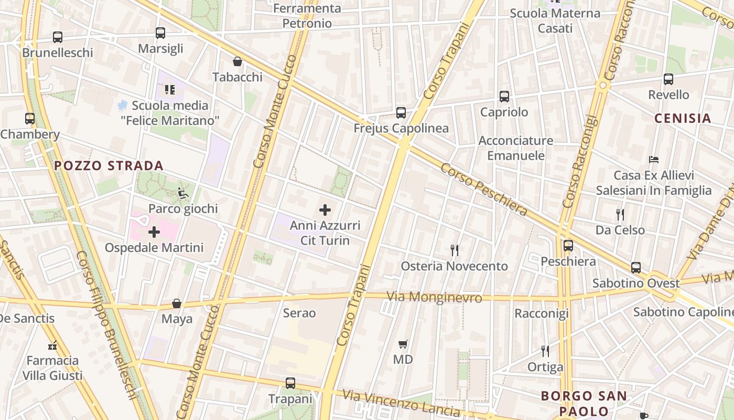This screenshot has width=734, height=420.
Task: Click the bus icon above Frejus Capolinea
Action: (x=401, y=112)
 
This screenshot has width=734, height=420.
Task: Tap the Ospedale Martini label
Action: (x=154, y=247)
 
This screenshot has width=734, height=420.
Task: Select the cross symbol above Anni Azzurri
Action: (x=325, y=210)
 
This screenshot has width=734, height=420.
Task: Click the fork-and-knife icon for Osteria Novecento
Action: (x=455, y=250)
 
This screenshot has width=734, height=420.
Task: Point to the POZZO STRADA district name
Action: (x=109, y=166)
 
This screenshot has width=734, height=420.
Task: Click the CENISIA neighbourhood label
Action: (x=683, y=118)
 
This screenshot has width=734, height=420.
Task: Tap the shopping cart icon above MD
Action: (x=403, y=344)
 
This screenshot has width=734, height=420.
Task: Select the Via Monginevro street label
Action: (x=434, y=297)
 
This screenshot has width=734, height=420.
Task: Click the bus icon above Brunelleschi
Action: (x=58, y=37)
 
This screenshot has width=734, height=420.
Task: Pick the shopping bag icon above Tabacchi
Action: (x=238, y=61)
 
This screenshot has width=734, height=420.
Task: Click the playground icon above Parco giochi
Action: (x=183, y=193)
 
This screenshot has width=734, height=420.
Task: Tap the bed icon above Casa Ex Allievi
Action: (x=653, y=159)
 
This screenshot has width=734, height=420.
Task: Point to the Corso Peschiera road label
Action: (x=483, y=190)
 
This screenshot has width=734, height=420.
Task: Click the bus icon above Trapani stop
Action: (x=290, y=383)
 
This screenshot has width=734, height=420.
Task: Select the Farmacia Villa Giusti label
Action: (x=52, y=368)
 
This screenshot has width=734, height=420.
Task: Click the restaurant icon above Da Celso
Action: (x=620, y=214)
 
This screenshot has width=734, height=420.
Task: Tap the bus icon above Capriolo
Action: (x=504, y=97)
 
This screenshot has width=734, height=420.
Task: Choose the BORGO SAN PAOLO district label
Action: (x=584, y=403)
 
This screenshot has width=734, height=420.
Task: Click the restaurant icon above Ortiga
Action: (x=545, y=351)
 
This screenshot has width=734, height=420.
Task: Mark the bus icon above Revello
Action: (x=668, y=79)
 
